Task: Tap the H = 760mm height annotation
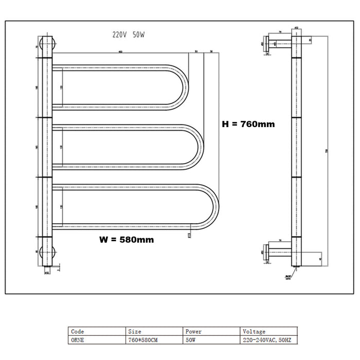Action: pos(248,124)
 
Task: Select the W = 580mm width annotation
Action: pos(127,239)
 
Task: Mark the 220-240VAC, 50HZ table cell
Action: pos(269,340)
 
